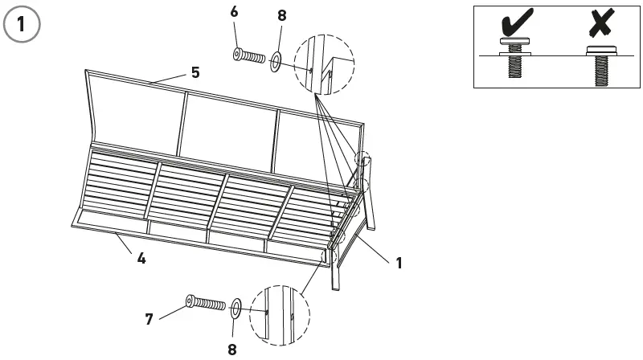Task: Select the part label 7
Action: [149, 319]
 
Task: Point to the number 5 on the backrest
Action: [195, 72]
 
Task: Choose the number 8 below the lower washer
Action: [232, 350]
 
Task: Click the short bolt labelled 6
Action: [249, 57]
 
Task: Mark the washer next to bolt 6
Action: [275, 60]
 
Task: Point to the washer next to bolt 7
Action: [237, 307]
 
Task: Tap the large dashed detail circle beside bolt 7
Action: [280, 315]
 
